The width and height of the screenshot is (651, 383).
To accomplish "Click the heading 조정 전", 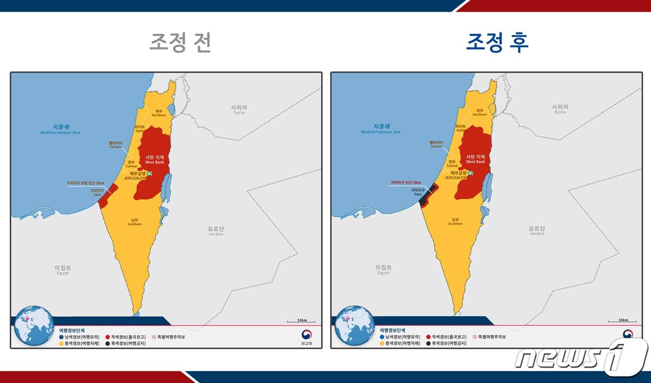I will [x=180, y=43].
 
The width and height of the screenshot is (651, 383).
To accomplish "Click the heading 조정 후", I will [x=497, y=43].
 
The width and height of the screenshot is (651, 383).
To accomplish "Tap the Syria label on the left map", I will [x=239, y=110].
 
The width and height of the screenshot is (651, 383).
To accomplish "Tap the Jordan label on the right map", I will [x=537, y=231].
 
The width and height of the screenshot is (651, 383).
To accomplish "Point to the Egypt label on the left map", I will [x=63, y=270].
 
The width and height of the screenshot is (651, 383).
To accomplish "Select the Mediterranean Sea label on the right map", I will [x=381, y=129].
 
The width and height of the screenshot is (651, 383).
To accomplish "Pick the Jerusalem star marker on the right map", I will [x=470, y=173].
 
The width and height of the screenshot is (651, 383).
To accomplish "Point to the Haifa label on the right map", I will [x=460, y=128].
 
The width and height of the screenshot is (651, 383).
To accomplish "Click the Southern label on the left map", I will [x=134, y=222].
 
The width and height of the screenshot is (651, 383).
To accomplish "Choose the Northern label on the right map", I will [x=480, y=112].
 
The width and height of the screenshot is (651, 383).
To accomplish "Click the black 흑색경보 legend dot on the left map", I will [x=107, y=344].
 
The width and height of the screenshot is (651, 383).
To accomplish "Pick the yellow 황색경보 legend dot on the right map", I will [x=382, y=344].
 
